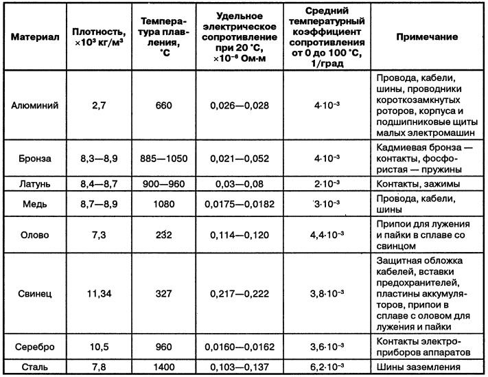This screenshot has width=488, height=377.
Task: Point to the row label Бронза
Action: [x=35, y=159]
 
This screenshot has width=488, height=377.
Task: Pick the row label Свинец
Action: [x=35, y=293]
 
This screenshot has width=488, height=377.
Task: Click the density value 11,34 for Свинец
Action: [x=100, y=293]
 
